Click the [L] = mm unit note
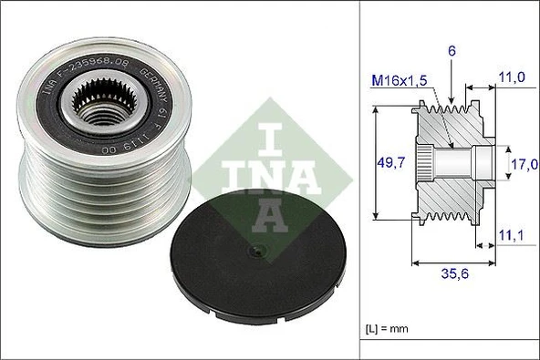pos(381,326)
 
